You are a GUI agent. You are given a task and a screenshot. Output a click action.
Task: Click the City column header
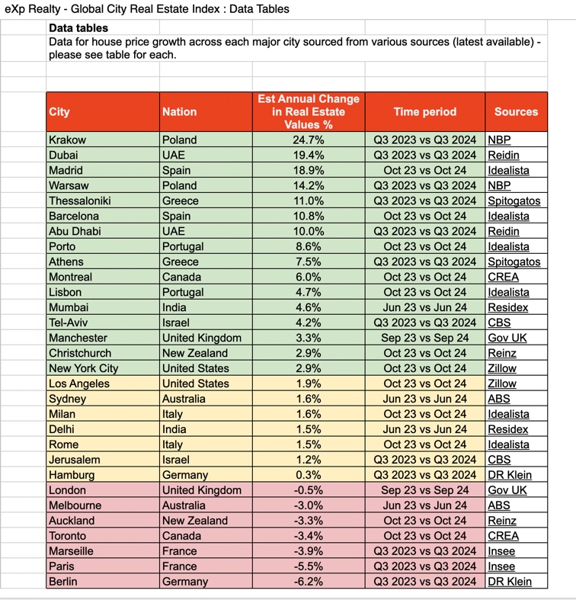click(59, 112)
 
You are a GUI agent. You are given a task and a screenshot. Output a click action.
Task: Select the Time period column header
click(424, 112)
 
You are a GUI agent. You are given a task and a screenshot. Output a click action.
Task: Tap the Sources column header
click(516, 112)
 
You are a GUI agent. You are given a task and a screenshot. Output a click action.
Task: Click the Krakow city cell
click(68, 140)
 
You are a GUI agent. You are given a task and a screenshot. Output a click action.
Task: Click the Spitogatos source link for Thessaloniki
click(514, 201)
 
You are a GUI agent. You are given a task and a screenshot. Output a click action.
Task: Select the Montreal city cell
click(70, 278)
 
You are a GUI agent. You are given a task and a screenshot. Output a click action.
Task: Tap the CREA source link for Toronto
click(504, 536)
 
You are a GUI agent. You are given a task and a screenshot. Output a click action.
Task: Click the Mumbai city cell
click(69, 308)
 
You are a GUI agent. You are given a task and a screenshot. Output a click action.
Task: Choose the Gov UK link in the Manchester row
click(507, 339)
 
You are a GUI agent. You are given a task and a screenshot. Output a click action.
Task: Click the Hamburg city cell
click(71, 475)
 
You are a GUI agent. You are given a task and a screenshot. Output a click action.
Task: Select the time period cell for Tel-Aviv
click(424, 323)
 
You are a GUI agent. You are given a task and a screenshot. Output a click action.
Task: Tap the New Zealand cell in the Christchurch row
click(194, 354)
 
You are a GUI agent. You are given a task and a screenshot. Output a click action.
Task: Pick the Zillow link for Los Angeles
click(502, 384)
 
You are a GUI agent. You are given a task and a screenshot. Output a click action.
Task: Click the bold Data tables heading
click(78, 28)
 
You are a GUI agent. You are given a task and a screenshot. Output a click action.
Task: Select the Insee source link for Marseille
click(501, 551)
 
